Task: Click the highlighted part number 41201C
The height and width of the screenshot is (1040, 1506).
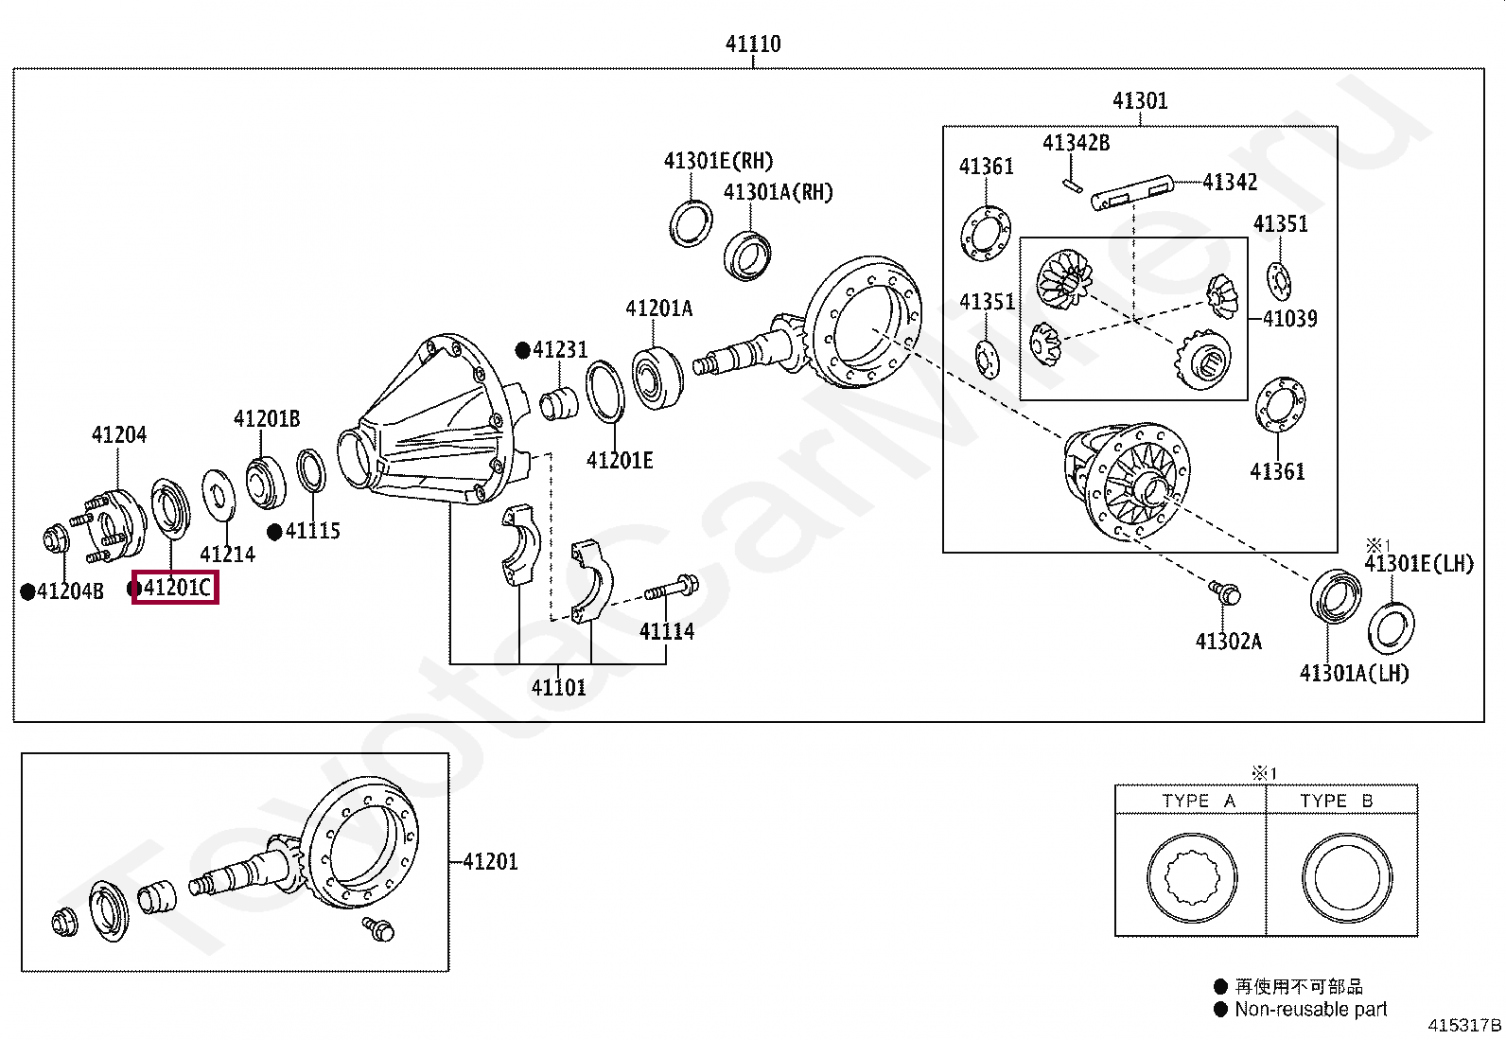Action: pyautogui.click(x=176, y=588)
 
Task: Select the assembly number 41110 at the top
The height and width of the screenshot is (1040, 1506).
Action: pyautogui.click(x=753, y=44)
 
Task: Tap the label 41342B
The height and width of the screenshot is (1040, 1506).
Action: pyautogui.click(x=1076, y=143)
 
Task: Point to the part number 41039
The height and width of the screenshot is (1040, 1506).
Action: pyautogui.click(x=1289, y=319)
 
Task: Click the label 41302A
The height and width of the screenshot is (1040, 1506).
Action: pyautogui.click(x=1228, y=642)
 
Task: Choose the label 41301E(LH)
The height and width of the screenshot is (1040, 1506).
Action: pyautogui.click(x=1418, y=564)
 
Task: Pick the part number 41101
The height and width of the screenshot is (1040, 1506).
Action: pyautogui.click(x=558, y=688)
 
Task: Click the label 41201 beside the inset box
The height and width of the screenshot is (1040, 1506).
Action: pyautogui.click(x=490, y=861)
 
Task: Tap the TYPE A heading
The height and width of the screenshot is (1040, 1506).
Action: pyautogui.click(x=1198, y=802)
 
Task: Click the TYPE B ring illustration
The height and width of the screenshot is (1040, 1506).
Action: pyautogui.click(x=1346, y=878)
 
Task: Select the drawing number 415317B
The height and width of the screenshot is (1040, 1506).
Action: pyautogui.click(x=1464, y=1025)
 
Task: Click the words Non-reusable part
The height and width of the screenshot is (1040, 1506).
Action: pyautogui.click(x=1310, y=1010)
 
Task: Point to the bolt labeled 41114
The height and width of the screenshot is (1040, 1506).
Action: pyautogui.click(x=671, y=589)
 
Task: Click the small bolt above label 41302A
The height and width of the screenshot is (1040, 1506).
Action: pyautogui.click(x=1225, y=592)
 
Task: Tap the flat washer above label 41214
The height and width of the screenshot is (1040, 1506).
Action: pyautogui.click(x=219, y=494)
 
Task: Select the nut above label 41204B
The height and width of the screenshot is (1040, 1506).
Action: pyautogui.click(x=57, y=540)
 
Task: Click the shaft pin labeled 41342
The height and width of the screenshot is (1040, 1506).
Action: pyautogui.click(x=1131, y=191)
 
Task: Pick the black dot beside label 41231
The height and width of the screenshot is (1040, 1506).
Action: pyautogui.click(x=522, y=350)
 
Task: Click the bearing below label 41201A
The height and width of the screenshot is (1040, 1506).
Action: pyautogui.click(x=657, y=379)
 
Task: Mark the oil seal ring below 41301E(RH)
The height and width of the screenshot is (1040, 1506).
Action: pyautogui.click(x=692, y=224)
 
